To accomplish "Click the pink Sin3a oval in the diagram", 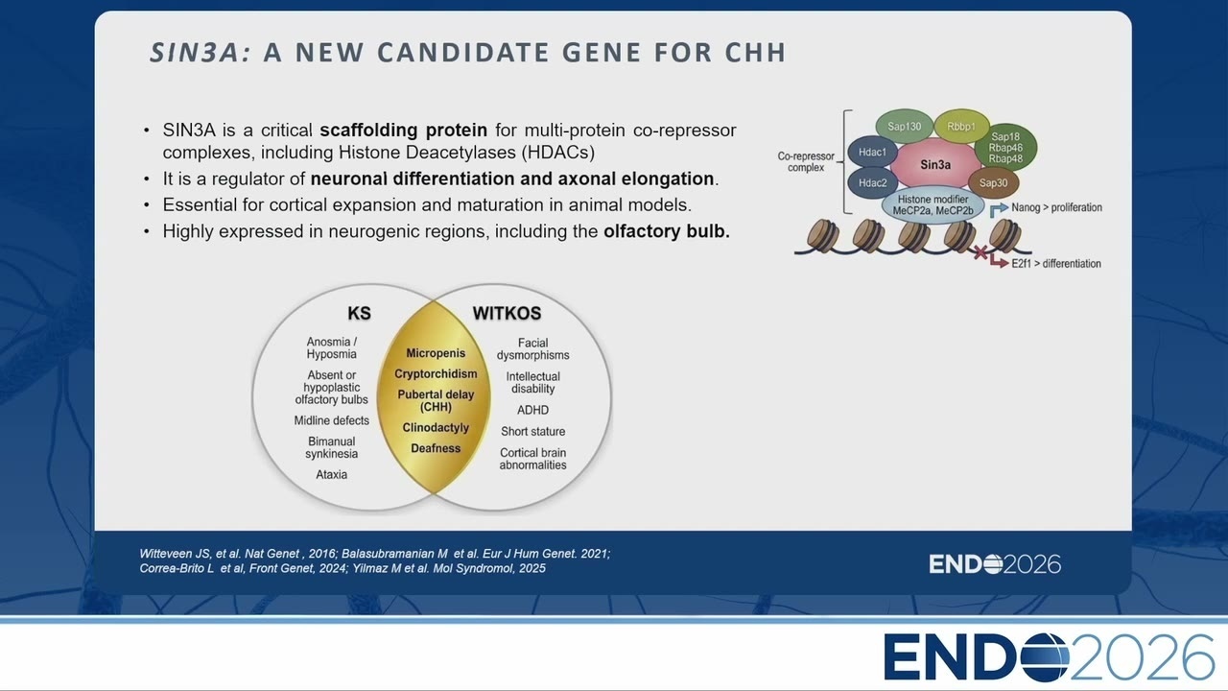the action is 935,164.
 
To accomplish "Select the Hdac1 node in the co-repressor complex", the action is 872,152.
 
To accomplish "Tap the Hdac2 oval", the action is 872,182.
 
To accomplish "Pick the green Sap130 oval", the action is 905,126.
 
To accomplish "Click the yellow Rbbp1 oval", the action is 961,126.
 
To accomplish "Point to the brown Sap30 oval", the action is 993,182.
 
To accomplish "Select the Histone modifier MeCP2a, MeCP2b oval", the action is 933,205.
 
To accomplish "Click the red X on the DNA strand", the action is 980,252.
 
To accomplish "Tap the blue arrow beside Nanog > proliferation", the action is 999,209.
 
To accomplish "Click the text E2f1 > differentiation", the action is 1056,264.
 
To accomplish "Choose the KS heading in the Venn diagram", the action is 359,313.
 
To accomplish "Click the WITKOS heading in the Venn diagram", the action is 507,313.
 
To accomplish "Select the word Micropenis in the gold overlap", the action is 436,353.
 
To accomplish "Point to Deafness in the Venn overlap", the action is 436,448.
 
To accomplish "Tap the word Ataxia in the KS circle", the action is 331,474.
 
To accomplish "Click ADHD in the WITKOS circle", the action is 532,410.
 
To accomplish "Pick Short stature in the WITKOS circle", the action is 532,432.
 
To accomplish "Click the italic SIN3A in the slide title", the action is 201,53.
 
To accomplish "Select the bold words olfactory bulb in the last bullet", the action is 667,231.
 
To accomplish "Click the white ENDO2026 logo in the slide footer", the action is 995,563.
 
